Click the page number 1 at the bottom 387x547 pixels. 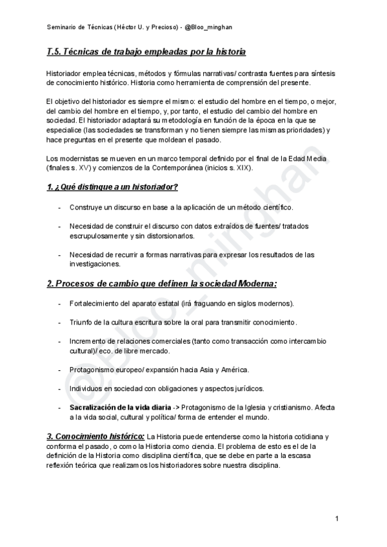point(337,519)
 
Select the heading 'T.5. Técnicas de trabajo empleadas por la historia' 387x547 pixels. point(146,52)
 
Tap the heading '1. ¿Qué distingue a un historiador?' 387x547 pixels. point(113,188)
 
